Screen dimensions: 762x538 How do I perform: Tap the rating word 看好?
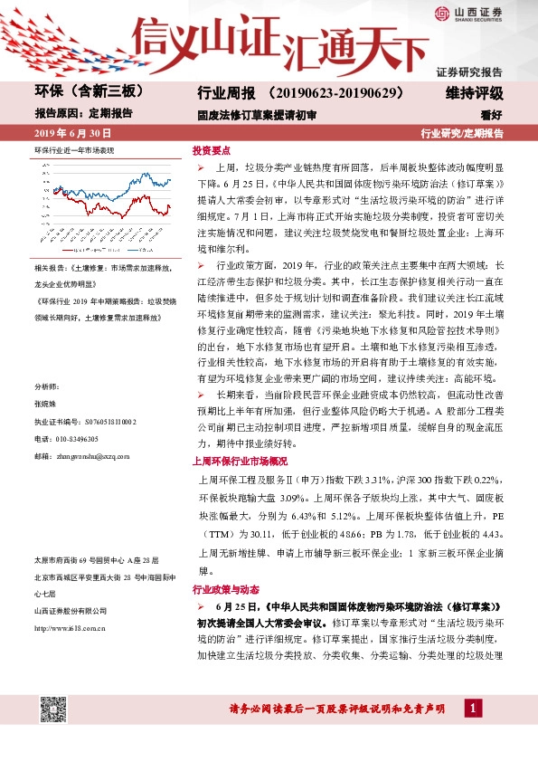pyautogui.click(x=491, y=115)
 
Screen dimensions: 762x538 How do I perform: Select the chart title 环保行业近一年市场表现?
pyautogui.click(x=74, y=148)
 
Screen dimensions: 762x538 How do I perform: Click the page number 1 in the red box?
pyautogui.click(x=471, y=706)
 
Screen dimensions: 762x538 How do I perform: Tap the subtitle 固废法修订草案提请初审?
pyautogui.click(x=257, y=115)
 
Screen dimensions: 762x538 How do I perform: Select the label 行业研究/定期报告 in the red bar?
pyautogui.click(x=462, y=133)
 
